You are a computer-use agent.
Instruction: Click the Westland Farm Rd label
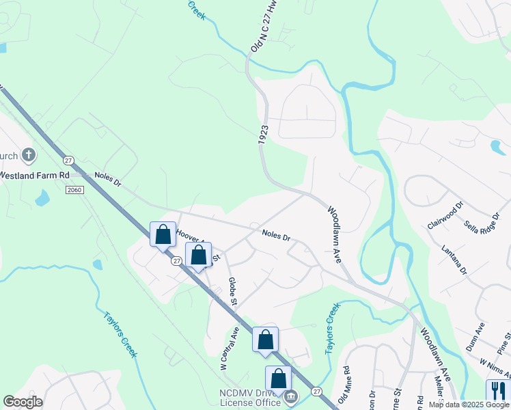click(34, 175)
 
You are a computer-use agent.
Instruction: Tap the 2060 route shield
click(75, 190)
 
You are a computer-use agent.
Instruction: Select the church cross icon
click(29, 155)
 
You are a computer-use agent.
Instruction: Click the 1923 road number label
click(264, 134)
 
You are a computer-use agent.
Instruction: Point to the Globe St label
click(233, 291)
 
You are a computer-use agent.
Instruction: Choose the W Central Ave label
click(229, 348)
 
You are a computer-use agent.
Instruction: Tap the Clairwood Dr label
click(445, 215)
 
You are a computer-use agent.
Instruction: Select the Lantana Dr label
click(454, 260)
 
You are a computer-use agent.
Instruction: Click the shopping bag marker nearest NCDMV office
click(278, 379)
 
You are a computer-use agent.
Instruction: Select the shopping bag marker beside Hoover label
click(163, 234)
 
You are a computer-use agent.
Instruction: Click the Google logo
click(23, 402)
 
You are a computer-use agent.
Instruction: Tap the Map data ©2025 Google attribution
click(469, 405)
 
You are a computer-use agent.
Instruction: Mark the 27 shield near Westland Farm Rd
click(68, 160)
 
